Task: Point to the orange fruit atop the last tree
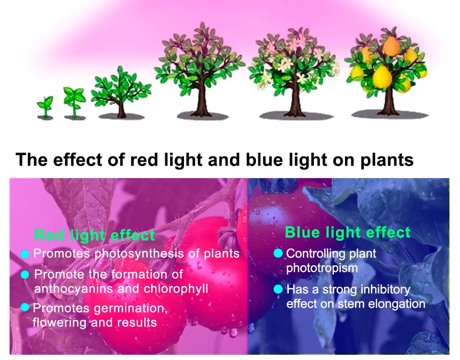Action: click(391, 46)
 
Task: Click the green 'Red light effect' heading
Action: click(95, 235)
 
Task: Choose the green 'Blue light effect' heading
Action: click(347, 233)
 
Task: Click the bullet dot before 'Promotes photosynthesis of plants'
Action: click(25, 254)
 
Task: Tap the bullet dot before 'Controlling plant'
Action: click(278, 253)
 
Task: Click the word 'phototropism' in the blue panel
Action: click(322, 268)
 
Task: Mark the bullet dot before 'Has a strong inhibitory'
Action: click(278, 289)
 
